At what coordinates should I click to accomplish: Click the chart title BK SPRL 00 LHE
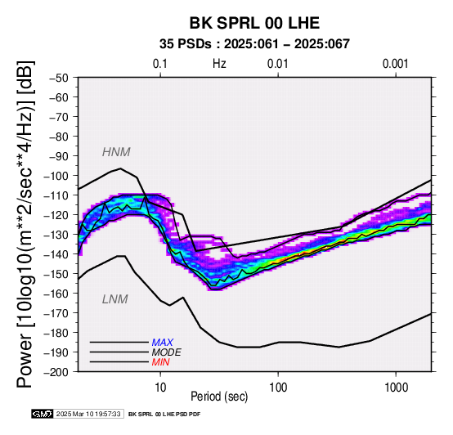(254, 23)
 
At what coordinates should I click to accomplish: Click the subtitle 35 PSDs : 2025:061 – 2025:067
(254, 44)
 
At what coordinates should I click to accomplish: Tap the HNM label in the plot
(116, 152)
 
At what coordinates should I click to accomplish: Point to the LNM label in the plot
(115, 299)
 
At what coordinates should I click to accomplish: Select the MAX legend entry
(163, 343)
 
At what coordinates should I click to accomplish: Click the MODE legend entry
(167, 352)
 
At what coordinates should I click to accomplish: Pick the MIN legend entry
(160, 362)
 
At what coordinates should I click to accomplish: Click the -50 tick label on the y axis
(59, 78)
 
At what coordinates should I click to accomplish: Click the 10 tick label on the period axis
(160, 388)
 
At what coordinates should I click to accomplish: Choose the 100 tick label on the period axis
(278, 388)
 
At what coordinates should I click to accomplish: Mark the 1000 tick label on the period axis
(396, 388)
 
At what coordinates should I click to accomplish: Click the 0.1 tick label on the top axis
(160, 64)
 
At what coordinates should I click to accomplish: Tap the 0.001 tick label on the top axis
(396, 64)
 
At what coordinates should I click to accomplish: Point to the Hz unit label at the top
(219, 64)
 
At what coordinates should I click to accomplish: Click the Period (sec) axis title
(219, 397)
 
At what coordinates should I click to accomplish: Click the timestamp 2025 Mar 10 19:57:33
(88, 415)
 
